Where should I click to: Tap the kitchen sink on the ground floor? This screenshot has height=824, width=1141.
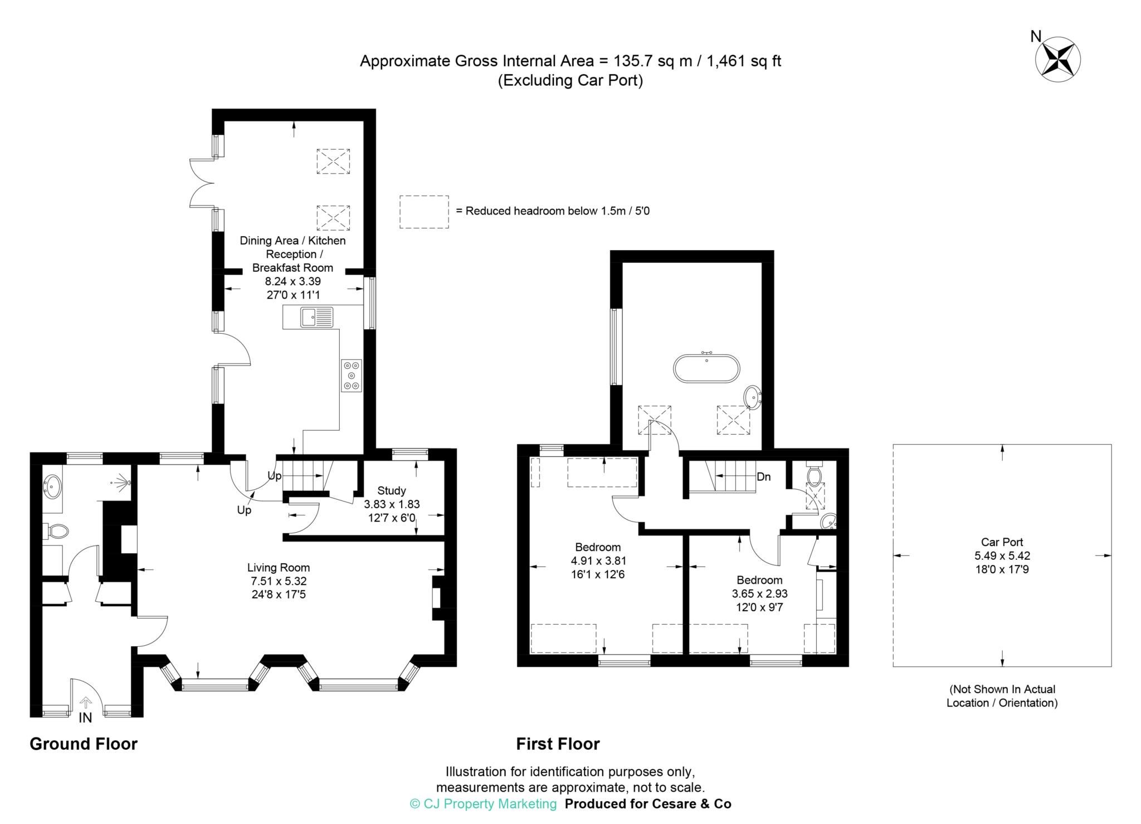[x=316, y=317]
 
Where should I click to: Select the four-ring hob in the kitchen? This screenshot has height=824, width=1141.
[x=352, y=376]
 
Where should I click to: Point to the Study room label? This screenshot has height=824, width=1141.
[x=392, y=491]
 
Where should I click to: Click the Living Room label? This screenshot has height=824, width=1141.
[x=279, y=568]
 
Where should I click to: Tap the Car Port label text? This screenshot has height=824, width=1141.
[x=1002, y=542]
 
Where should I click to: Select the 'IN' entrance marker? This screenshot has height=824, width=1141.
[x=85, y=718]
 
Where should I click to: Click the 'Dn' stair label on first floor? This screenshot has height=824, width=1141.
[x=763, y=477]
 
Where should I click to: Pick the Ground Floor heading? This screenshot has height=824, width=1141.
[x=84, y=744]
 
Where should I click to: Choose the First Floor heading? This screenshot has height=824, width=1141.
[x=558, y=744]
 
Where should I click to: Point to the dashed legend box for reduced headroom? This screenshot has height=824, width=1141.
[x=424, y=212]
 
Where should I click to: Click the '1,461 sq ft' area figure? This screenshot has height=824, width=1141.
[x=744, y=61]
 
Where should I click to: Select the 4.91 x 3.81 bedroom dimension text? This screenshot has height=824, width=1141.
[x=598, y=561]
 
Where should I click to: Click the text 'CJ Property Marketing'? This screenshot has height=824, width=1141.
[x=490, y=804]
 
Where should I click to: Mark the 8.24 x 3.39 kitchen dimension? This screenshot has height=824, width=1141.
[x=293, y=281]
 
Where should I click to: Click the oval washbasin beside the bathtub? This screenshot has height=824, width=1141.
[x=752, y=398]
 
